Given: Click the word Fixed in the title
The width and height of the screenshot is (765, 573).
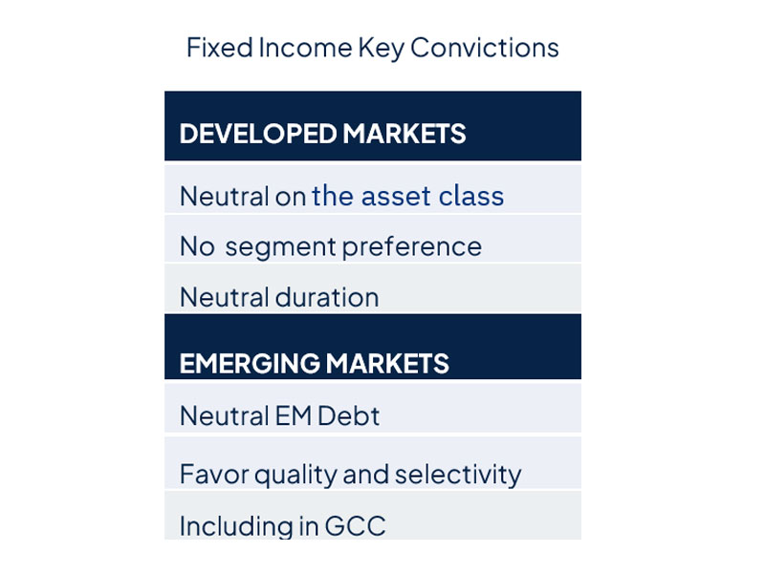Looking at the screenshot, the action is [x=220, y=48].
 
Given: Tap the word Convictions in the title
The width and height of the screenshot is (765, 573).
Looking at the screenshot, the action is [x=485, y=48].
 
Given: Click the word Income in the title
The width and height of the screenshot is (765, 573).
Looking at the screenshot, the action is [x=305, y=48].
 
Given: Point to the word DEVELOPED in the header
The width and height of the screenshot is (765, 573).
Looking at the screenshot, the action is [x=258, y=134].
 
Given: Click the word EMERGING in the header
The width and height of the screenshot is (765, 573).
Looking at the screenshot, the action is [x=250, y=364].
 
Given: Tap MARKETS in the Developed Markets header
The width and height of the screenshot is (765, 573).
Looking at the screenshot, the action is [x=404, y=134].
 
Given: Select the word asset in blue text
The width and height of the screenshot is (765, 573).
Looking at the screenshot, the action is [x=396, y=197].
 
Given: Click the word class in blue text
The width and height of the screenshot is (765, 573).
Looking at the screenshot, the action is [x=470, y=196].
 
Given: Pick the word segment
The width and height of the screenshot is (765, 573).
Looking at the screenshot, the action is [x=280, y=247].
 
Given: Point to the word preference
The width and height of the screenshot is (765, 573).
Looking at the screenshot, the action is [x=412, y=246].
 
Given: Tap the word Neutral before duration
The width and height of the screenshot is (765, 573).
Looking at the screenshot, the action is [x=225, y=297].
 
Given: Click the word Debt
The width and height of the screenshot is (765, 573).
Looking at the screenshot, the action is [x=348, y=416].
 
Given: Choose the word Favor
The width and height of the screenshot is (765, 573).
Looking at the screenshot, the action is [x=214, y=475].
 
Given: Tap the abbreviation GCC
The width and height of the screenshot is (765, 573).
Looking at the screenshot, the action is [x=355, y=526].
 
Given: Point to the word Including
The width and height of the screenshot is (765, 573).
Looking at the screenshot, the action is [x=236, y=527].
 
